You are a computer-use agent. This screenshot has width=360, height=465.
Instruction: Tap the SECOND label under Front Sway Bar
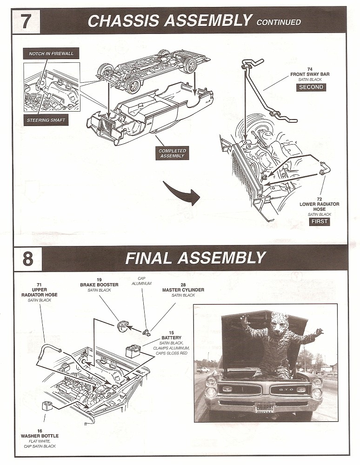point(311,87)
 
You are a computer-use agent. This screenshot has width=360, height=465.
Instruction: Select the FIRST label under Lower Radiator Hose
point(320,222)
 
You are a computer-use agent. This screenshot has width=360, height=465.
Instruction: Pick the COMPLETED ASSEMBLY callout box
point(172,153)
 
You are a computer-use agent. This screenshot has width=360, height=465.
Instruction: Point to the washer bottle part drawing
point(47,405)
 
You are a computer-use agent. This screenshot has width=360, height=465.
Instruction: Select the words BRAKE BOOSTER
point(99,285)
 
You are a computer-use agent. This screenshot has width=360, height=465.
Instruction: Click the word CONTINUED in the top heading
point(279,22)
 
